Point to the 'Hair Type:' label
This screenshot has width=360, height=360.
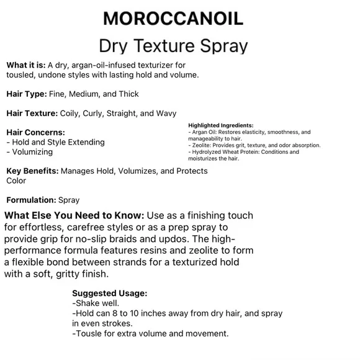click(x=27, y=94)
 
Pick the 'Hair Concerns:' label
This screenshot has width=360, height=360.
click(x=35, y=132)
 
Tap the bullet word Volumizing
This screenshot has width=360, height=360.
click(x=32, y=151)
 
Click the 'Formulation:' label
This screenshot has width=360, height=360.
click(x=30, y=200)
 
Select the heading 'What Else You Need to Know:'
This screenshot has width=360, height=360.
click(x=74, y=216)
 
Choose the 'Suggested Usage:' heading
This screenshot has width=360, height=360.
click(x=109, y=294)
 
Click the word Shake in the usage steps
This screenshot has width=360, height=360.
click(x=88, y=304)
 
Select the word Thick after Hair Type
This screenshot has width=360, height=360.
click(x=127, y=94)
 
